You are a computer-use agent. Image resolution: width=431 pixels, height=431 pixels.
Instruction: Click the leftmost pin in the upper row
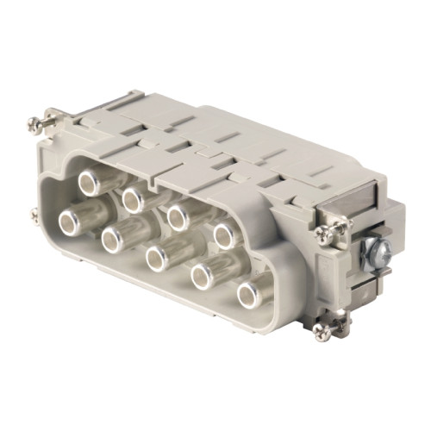click(x=89, y=182)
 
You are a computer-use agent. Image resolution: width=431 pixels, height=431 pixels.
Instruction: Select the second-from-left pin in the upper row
click(x=132, y=200)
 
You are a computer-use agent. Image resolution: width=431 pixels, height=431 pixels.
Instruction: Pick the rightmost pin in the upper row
click(x=224, y=234)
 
